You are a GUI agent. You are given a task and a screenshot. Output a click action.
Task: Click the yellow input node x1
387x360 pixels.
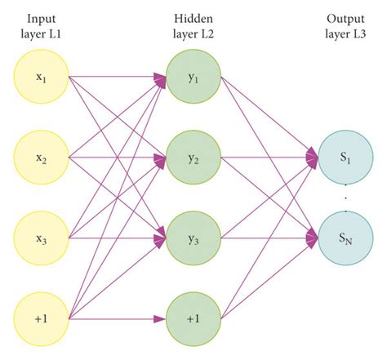pyautogui.click(x=41, y=78)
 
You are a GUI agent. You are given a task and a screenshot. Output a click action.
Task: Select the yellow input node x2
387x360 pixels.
pyautogui.click(x=41, y=157)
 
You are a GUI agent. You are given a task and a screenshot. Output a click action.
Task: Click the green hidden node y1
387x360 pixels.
pyautogui.click(x=193, y=78)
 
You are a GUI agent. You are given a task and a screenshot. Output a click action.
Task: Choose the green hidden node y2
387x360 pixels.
pyautogui.click(x=193, y=157)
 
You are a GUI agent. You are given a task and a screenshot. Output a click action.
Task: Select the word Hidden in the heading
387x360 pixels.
pyautogui.click(x=192, y=17)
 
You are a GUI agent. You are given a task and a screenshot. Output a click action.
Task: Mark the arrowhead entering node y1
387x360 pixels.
pyautogui.click(x=160, y=78)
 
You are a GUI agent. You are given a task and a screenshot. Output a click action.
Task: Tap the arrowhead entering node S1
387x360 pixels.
pyautogui.click(x=313, y=154)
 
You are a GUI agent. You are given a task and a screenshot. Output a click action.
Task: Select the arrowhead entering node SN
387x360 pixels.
pyautogui.click(x=313, y=238)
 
